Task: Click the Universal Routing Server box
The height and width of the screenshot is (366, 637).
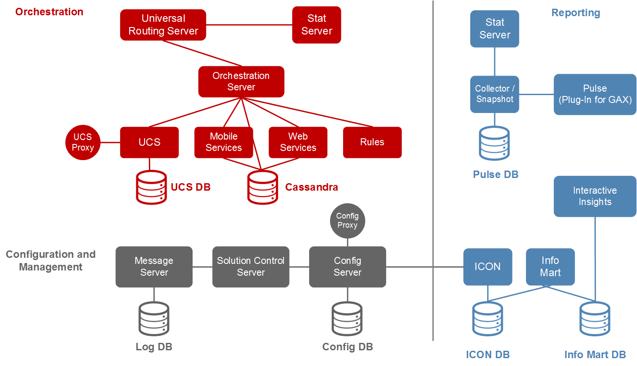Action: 163,25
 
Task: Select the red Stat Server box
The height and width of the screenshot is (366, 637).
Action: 317,25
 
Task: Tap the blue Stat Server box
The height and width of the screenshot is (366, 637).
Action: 495,29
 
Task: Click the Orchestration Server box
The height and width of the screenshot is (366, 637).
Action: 241,82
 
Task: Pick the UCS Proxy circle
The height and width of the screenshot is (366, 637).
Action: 83,143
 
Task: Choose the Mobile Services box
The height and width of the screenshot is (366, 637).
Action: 223,142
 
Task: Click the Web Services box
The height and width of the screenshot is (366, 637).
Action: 298,142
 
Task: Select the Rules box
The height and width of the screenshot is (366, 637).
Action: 372,142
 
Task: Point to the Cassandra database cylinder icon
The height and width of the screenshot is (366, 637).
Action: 263,187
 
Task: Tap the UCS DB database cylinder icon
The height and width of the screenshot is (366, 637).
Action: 151,187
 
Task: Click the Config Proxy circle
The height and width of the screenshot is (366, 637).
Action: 347,221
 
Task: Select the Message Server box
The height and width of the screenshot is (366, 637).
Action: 154,267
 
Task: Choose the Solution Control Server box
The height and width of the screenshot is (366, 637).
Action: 251,267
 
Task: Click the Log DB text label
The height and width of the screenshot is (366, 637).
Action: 154,347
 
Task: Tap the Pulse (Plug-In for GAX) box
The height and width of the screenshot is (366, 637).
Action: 595,94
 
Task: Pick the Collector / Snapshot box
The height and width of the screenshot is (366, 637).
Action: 495,94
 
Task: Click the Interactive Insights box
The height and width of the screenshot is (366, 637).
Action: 595,196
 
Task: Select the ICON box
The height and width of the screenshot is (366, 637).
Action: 488,267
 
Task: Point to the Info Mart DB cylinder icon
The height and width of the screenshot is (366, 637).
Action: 595,319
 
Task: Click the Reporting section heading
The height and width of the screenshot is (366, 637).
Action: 576,13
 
